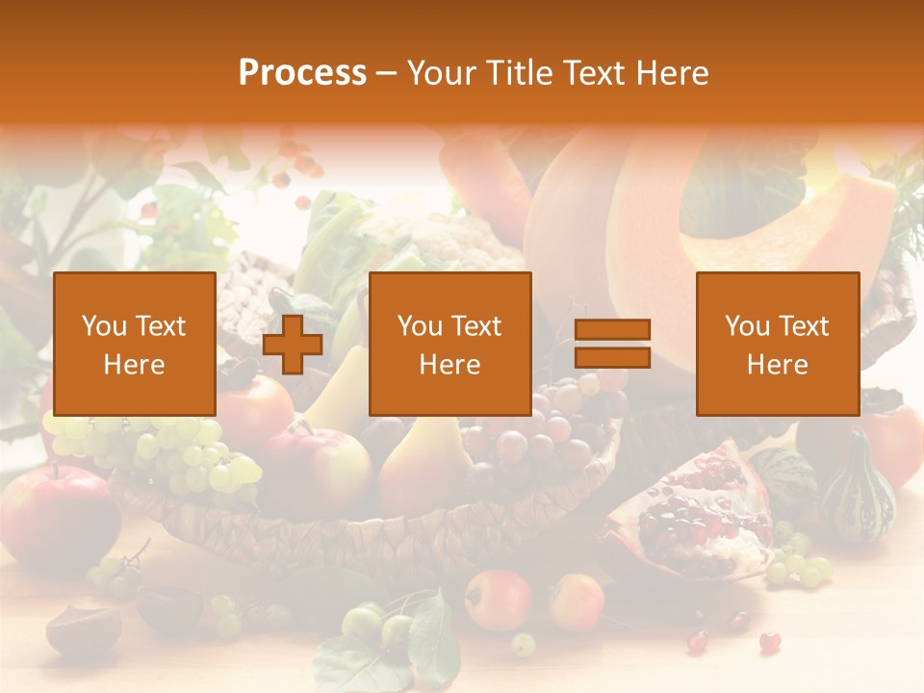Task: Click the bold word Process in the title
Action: click(302, 73)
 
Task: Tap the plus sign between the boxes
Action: click(293, 345)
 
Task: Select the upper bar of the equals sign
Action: click(612, 329)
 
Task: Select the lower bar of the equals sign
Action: click(612, 357)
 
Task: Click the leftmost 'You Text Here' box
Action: click(135, 344)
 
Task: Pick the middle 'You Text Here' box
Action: click(449, 344)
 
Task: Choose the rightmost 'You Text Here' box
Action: click(777, 344)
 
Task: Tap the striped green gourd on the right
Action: click(857, 491)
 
